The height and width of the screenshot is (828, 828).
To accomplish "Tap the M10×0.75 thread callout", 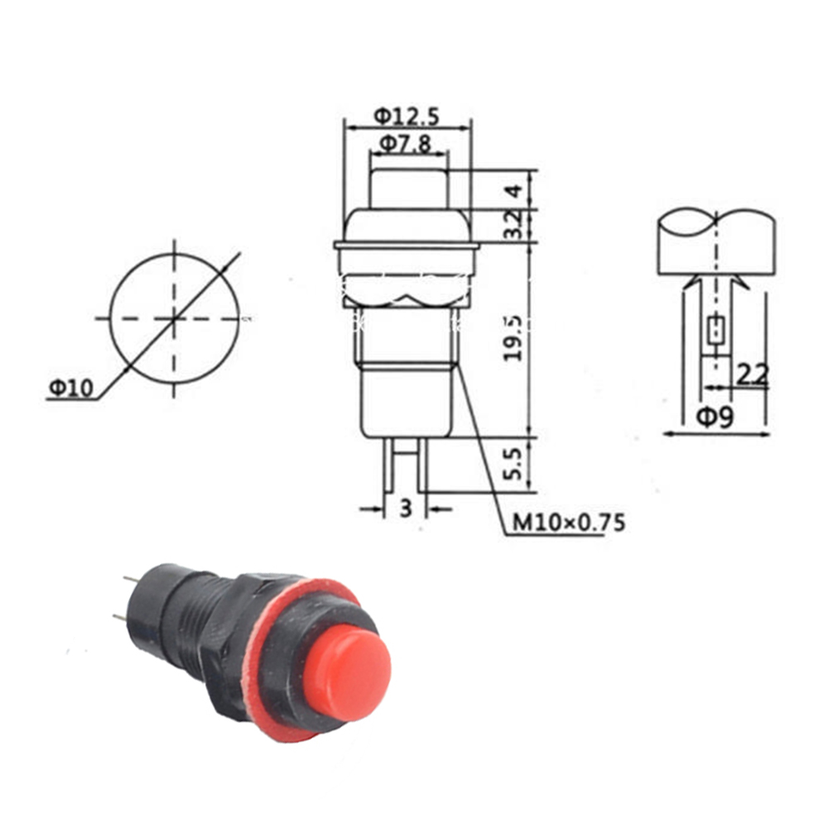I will (568, 522).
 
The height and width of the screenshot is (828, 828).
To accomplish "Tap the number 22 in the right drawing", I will (752, 375).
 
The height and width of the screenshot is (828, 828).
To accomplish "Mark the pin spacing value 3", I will (405, 508).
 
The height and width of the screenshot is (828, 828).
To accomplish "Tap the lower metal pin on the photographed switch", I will (121, 617).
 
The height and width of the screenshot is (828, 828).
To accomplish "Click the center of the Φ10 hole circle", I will (174, 318).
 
